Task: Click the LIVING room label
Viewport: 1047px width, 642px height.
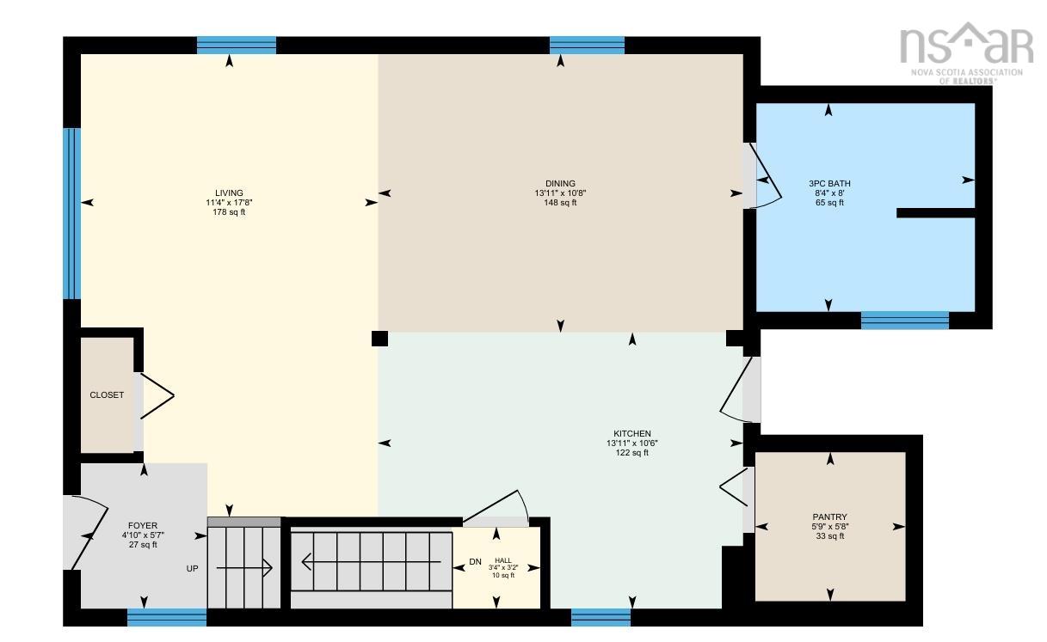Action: pos(229,193)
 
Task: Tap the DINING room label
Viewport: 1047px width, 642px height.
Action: pos(560,184)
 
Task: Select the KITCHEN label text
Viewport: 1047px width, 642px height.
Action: pos(632,434)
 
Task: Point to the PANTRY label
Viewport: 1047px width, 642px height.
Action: pos(829,517)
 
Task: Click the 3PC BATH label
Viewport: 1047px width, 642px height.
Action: pos(829,184)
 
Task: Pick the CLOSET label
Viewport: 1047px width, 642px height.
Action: pos(107,395)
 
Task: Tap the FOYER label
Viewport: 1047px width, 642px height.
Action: pos(143,526)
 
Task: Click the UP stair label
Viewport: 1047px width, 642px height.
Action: pos(192,569)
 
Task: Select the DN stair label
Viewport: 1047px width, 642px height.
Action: pos(475,562)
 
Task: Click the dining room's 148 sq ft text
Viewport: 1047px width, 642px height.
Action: pos(560,203)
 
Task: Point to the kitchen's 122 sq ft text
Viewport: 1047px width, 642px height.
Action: pos(632,453)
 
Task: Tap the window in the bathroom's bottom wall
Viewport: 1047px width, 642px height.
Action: pos(904,321)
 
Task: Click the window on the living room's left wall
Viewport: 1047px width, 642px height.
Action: pos(71,214)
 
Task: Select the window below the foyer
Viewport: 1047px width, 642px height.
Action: pos(167,618)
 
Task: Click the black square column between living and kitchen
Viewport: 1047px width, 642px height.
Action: pos(379,339)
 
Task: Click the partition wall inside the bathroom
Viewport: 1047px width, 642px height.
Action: pos(936,213)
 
